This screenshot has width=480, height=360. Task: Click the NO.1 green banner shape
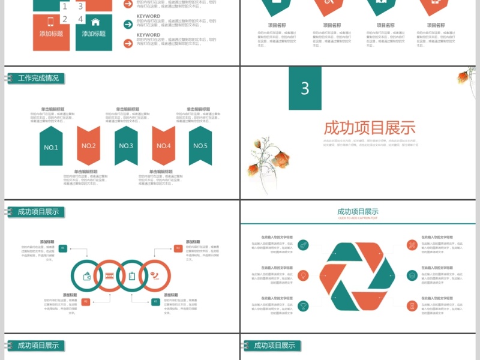coord(51,146)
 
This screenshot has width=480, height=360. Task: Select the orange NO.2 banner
coord(88,145)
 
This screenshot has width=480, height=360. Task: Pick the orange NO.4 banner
coord(163,145)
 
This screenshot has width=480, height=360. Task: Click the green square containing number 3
coord(305,88)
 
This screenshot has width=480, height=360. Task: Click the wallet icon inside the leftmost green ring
coord(88,276)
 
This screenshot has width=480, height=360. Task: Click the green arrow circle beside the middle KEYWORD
coord(128,24)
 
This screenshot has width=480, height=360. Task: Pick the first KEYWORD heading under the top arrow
coord(148,17)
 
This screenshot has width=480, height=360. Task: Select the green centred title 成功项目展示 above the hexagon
coord(358,211)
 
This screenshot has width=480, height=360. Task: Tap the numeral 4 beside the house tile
coord(81,19)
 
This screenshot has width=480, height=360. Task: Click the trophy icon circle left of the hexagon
coord(304,306)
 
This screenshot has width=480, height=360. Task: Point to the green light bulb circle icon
coord(304,275)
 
